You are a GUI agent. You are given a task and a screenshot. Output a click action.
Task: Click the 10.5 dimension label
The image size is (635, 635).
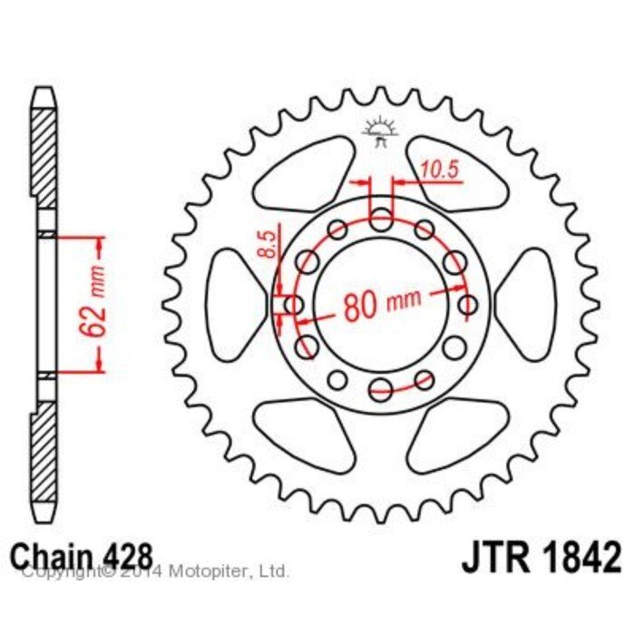point(439,170)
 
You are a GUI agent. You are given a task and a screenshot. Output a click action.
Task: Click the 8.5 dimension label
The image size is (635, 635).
point(267,244)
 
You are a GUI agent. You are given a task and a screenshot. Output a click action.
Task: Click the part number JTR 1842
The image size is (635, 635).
point(541,556)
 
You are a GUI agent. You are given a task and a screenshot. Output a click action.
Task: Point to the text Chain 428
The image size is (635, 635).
point(83,555)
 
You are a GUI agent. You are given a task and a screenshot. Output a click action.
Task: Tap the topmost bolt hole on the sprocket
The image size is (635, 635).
point(381,220)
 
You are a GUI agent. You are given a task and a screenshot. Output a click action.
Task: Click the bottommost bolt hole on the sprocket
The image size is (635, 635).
point(381,389)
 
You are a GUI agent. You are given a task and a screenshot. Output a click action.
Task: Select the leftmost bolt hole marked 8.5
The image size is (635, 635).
point(294,305)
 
